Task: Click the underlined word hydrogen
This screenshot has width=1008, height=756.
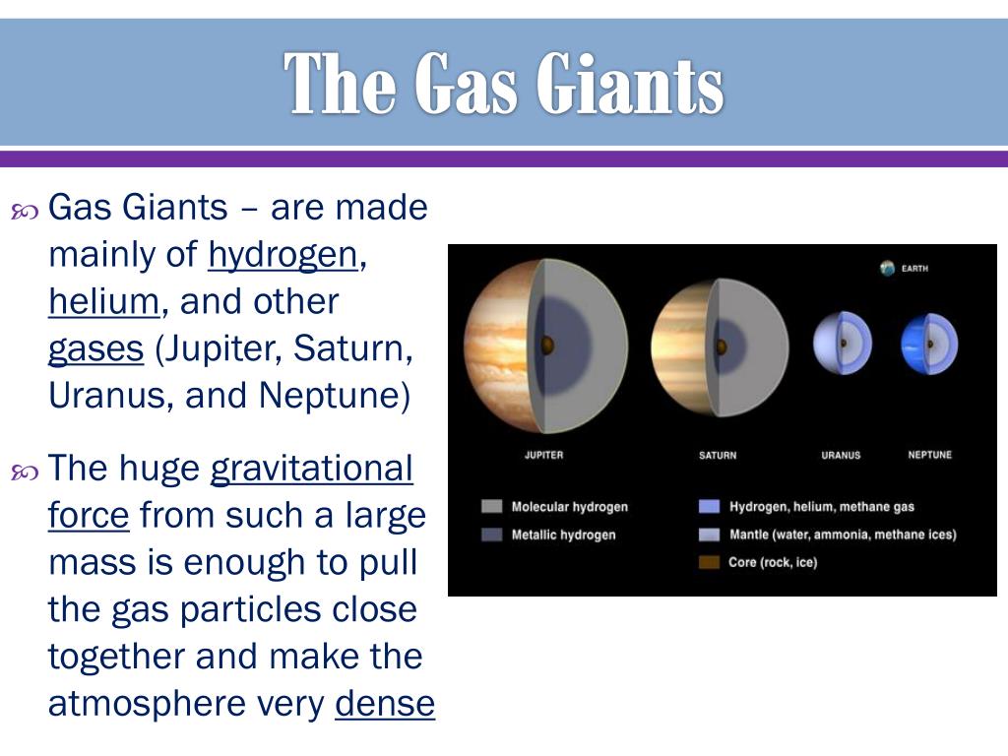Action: click(283, 256)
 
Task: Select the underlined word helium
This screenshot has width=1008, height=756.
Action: click(104, 301)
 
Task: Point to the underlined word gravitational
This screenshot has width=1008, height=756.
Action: click(312, 470)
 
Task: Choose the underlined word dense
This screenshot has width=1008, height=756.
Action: click(385, 703)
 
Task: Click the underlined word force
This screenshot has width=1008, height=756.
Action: click(89, 515)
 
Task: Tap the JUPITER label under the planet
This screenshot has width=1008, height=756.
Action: click(543, 455)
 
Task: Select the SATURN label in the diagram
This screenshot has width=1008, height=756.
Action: click(718, 455)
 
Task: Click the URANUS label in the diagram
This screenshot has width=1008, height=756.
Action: click(841, 455)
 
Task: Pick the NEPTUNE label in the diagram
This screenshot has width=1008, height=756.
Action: click(929, 455)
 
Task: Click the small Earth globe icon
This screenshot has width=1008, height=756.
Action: click(888, 268)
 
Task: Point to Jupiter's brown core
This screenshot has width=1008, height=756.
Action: click(547, 346)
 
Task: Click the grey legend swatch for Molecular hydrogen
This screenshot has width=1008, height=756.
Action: click(492, 507)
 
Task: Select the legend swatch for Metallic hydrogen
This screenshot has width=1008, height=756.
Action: click(492, 535)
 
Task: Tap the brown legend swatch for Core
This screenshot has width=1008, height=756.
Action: click(709, 562)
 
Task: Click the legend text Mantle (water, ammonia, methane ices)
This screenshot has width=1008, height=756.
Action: click(843, 535)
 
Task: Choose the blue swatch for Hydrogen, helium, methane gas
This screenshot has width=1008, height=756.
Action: click(709, 507)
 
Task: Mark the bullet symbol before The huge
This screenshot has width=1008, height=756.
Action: click(25, 472)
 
